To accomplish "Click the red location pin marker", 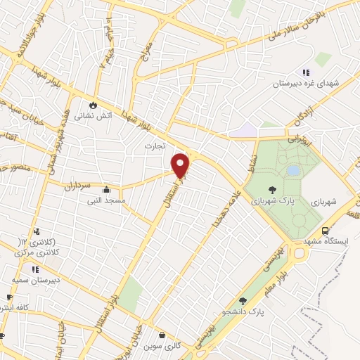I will click(181, 165).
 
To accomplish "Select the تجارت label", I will click(154, 146).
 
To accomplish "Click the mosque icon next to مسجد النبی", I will click(106, 189).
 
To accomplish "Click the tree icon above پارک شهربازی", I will click(272, 188).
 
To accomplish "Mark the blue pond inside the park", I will click(293, 170).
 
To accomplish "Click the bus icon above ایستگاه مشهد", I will click(326, 231).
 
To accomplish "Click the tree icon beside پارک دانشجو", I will click(243, 300).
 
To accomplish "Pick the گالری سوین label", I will click(162, 347).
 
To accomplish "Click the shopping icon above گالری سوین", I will click(162, 335).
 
